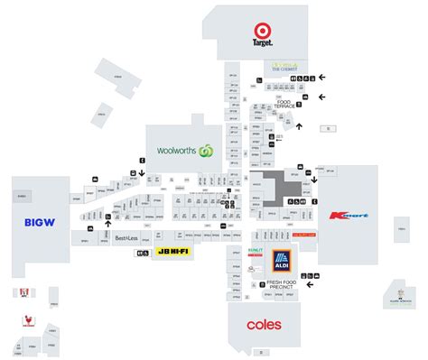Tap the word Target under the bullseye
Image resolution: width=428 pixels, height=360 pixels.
(262, 42)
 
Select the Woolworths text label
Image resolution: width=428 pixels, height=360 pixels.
(177, 150)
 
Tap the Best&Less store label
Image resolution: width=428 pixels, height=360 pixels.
(126, 238)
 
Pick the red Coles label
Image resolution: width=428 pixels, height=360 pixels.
(264, 323)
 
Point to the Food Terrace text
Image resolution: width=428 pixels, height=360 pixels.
(283, 106)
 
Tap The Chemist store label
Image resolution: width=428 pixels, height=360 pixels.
(284, 66)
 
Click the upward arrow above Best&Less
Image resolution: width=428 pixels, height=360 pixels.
(108, 226)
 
